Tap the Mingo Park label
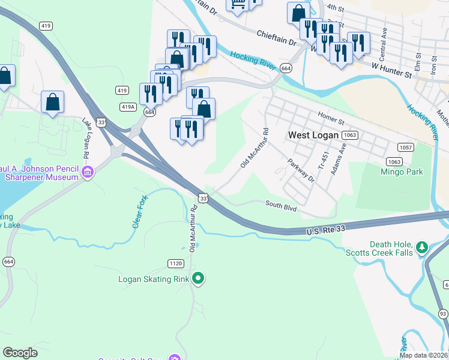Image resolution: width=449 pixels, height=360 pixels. [402, 172]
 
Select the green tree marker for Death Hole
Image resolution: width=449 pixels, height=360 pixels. [422, 247]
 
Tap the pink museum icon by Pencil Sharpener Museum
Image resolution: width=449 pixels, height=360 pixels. [88, 174]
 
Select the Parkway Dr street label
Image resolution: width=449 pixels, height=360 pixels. [301, 170]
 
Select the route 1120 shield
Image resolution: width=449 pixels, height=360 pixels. [175, 263]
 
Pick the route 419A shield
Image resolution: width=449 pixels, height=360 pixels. [127, 107]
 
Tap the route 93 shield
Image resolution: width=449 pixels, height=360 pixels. [443, 314]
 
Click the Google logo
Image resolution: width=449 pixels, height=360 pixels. [20, 353]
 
